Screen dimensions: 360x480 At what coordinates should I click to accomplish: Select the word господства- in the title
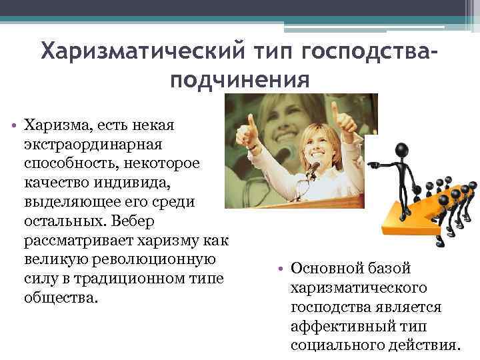[370, 51]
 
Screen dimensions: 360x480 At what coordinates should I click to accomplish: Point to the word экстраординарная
[97, 143]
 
